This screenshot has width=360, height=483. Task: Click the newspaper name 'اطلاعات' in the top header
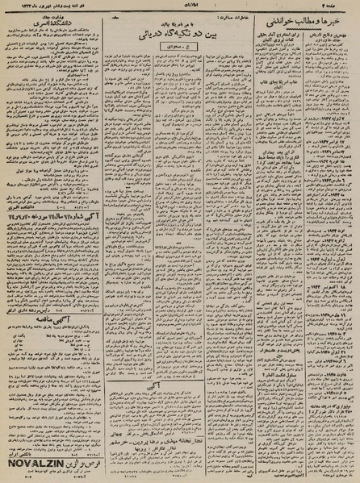click(180, 7)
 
